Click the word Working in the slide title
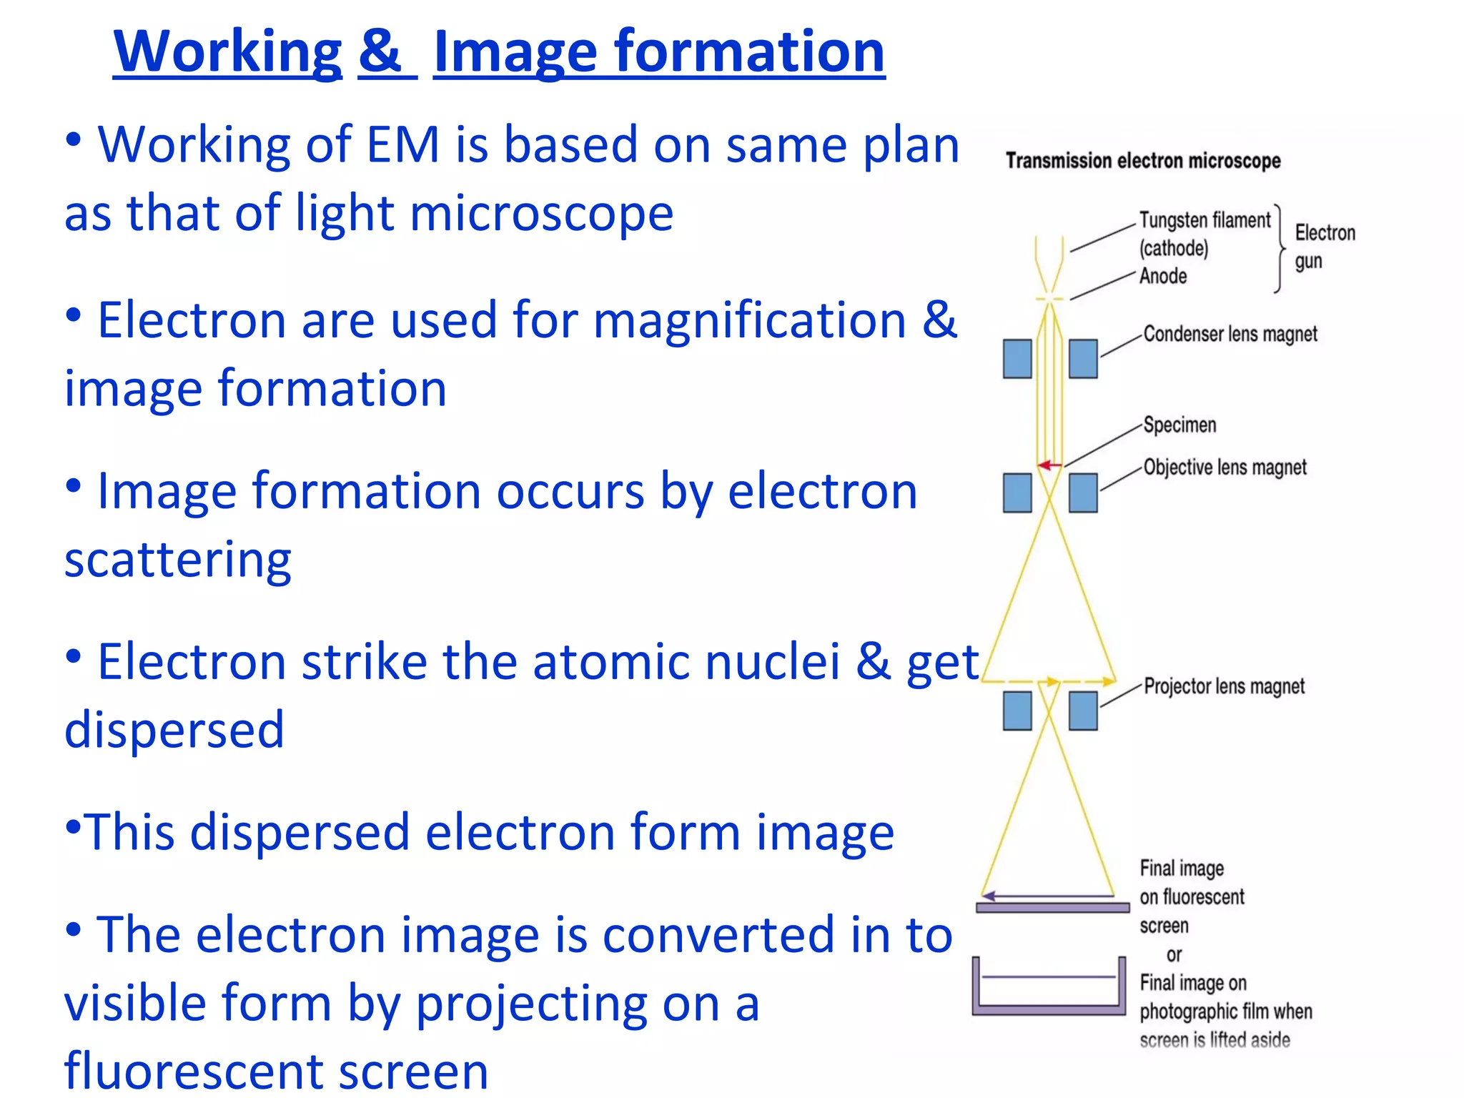[x=227, y=51]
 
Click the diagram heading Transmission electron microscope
[x=1142, y=161]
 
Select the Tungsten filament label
[x=1205, y=220]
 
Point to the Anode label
[x=1163, y=276]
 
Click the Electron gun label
[x=1324, y=247]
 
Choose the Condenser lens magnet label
[x=1230, y=334]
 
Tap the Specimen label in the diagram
[x=1179, y=425]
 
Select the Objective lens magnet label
[x=1225, y=468]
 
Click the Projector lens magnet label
[x=1224, y=686]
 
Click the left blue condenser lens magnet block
[x=1017, y=358]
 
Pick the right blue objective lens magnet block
[x=1083, y=493]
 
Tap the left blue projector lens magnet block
[x=1017, y=711]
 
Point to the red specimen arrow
[x=1049, y=465]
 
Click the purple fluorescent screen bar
[x=1052, y=908]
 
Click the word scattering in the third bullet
[x=178, y=560]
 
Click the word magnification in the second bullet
[x=750, y=320]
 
